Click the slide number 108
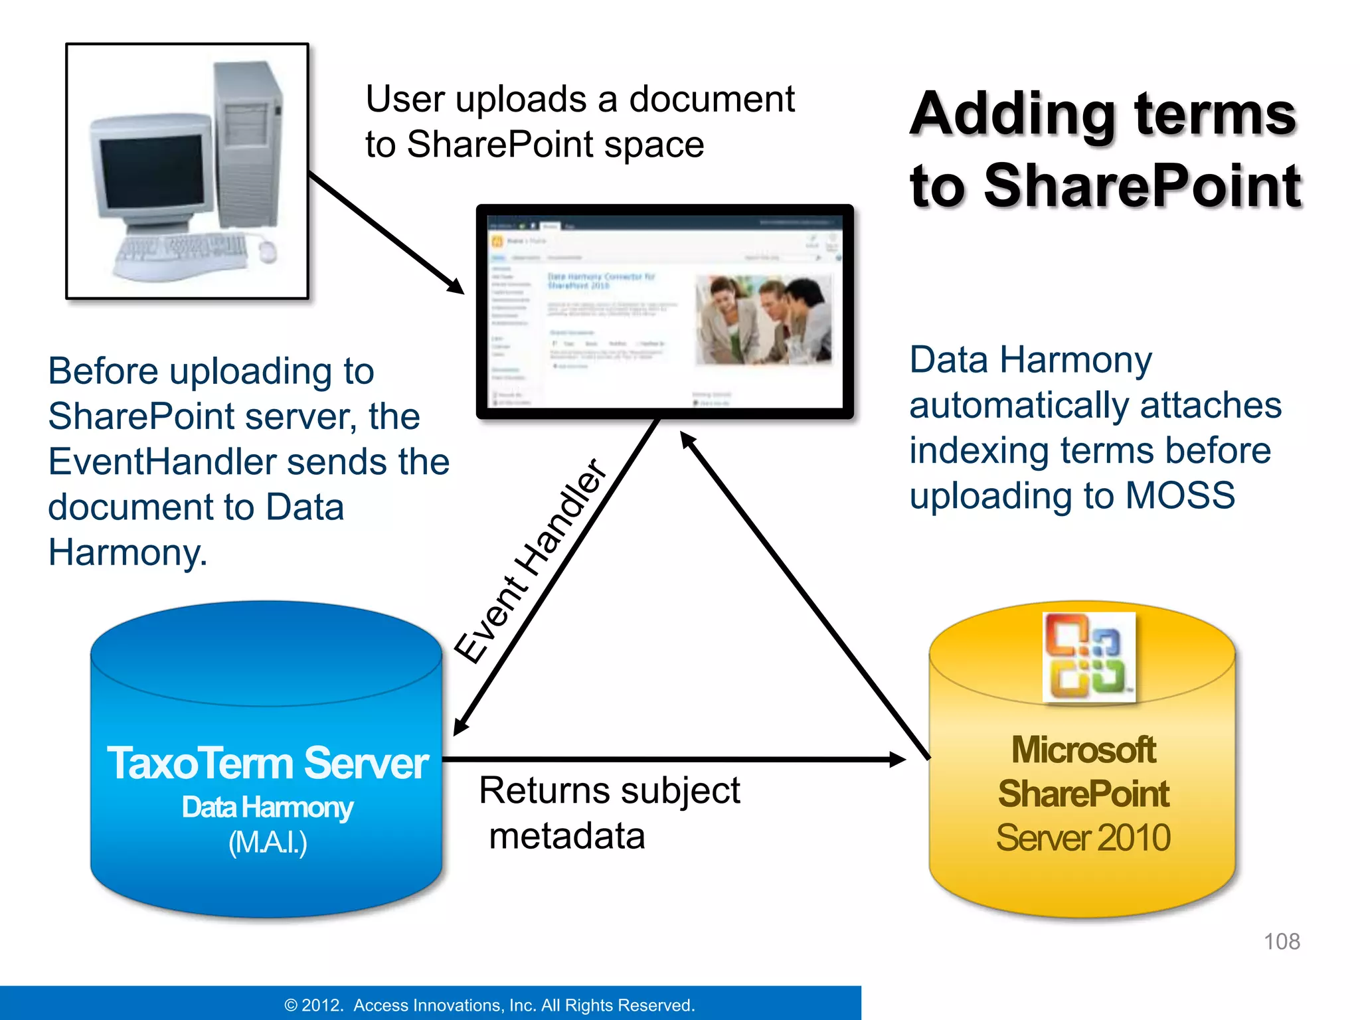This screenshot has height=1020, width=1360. (x=1281, y=941)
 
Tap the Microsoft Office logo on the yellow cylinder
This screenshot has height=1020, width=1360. (x=1088, y=657)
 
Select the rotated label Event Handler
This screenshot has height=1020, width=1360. (x=531, y=561)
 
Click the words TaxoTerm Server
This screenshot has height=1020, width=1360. (x=268, y=763)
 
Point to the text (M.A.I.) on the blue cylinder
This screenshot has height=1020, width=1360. (x=268, y=843)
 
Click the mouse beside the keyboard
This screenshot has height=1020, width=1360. (x=268, y=251)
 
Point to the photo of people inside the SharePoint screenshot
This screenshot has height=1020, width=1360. (x=763, y=319)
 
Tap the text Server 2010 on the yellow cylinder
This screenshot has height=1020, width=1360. (x=1083, y=837)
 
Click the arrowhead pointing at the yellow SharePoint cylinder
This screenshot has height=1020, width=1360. (x=896, y=759)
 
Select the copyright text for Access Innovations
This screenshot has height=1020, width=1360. (x=489, y=1005)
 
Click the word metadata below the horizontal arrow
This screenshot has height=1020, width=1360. (x=566, y=835)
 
